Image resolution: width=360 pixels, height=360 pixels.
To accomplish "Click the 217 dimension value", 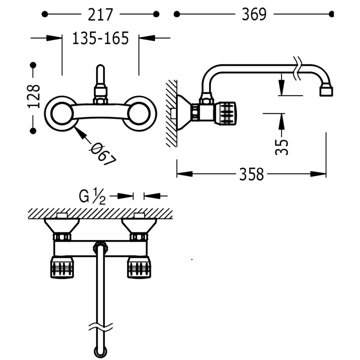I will point(100,15).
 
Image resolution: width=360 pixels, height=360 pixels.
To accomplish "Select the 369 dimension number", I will point(253,15).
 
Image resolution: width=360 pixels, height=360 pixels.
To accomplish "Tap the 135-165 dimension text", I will point(100,38).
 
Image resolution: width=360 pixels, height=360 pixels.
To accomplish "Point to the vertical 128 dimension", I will point(33,96).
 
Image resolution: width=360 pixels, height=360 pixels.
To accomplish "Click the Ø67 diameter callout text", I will point(103,153).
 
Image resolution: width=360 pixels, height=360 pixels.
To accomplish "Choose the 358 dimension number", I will point(251,174).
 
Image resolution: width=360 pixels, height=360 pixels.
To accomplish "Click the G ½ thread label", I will point(92,196).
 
